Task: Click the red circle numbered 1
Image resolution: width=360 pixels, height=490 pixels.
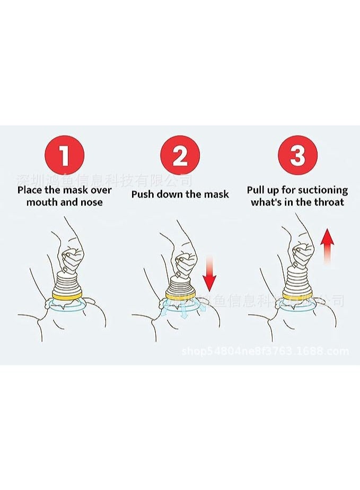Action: coord(65,156)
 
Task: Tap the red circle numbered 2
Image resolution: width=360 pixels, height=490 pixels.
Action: coord(180,156)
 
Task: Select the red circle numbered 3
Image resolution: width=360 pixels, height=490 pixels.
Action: coord(297,156)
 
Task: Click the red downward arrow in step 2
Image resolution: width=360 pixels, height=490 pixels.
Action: coord(210,272)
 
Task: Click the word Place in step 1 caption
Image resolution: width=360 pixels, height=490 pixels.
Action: coord(30,190)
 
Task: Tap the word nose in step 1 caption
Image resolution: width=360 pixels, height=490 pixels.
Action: coord(91,202)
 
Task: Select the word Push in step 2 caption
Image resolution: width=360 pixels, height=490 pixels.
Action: coord(143,194)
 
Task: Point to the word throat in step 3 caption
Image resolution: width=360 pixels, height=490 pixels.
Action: coord(329,202)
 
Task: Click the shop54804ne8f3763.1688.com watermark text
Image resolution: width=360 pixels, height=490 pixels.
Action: coord(265,351)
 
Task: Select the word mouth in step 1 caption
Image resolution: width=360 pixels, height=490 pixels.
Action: coord(41,202)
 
